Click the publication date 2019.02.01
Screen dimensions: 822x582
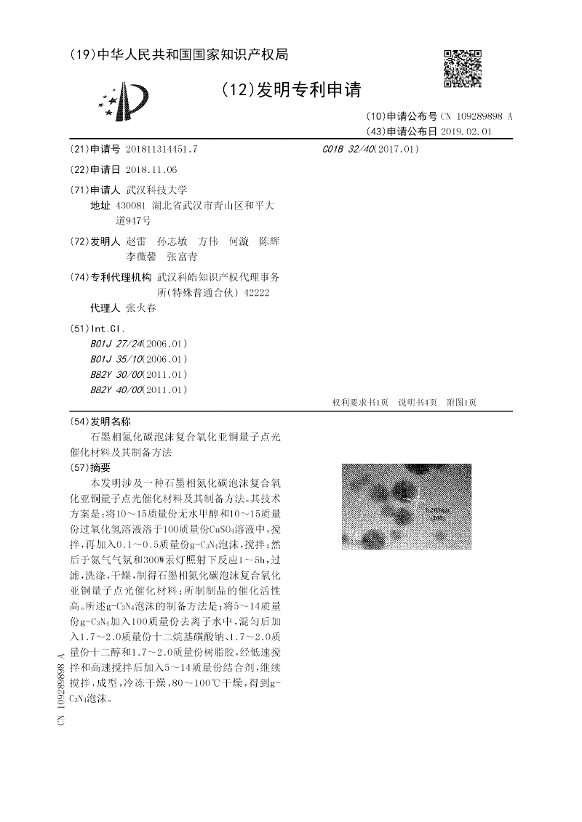[x=466, y=132]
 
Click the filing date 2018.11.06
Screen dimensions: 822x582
[x=151, y=169]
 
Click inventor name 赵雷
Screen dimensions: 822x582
[x=136, y=241]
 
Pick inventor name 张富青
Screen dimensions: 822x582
[x=181, y=257]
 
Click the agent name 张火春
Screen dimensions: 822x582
[x=141, y=307]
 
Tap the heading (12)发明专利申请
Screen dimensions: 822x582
[x=290, y=89]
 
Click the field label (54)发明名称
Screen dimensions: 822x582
[x=100, y=422]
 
